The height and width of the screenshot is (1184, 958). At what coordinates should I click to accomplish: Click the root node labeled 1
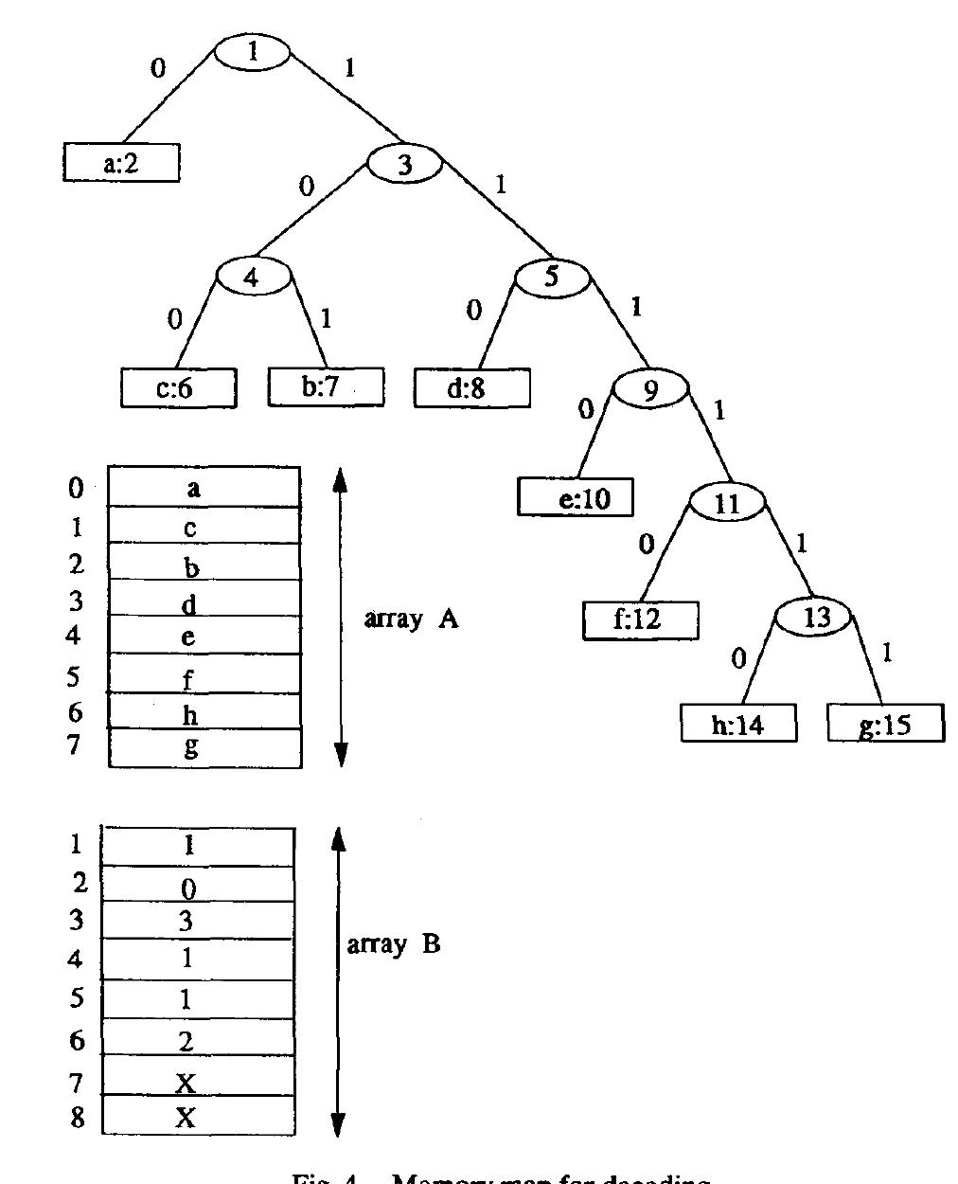(x=253, y=52)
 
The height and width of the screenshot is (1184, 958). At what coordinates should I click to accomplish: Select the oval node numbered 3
(x=404, y=165)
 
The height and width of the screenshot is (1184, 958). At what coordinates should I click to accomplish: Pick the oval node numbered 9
(x=650, y=389)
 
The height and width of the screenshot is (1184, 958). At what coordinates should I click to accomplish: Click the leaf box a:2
(x=121, y=163)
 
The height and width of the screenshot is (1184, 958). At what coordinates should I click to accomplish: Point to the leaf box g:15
(x=886, y=725)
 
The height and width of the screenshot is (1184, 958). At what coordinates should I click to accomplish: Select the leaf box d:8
(x=471, y=387)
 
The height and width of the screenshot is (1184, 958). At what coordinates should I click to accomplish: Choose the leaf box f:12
(x=641, y=620)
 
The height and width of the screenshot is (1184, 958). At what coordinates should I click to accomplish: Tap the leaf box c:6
(x=178, y=388)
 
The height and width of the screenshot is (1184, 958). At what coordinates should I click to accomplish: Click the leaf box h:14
(x=738, y=725)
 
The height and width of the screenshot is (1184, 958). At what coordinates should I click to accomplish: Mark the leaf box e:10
(x=576, y=497)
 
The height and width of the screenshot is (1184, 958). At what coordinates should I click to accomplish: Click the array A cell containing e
(x=204, y=636)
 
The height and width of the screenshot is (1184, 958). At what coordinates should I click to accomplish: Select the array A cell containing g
(x=204, y=747)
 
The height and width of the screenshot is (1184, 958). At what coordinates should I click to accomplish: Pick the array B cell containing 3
(x=197, y=920)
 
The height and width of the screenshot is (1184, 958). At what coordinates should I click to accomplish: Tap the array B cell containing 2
(x=197, y=1038)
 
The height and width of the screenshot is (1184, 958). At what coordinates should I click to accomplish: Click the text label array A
(x=411, y=619)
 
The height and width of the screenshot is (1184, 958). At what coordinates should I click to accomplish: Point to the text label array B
(x=394, y=944)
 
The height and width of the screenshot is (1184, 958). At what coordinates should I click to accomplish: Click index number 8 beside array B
(x=77, y=1118)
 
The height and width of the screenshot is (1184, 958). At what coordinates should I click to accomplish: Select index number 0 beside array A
(x=76, y=488)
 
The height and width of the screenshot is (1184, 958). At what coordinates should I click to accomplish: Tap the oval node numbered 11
(x=726, y=503)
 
